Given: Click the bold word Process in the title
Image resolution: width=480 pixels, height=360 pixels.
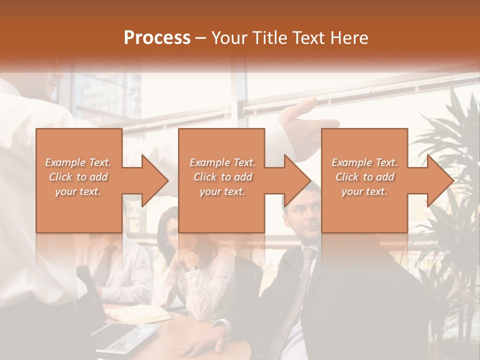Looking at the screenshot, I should pyautogui.click(x=157, y=37).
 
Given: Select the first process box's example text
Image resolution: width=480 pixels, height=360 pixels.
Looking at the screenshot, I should pyautogui.click(x=78, y=177).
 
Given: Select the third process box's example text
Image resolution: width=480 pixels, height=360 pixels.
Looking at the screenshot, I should pyautogui.click(x=364, y=177).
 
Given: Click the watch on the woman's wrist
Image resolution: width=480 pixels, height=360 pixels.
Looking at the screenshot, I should pyautogui.click(x=192, y=268).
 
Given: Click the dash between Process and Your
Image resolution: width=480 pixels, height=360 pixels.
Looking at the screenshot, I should pyautogui.click(x=201, y=38).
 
